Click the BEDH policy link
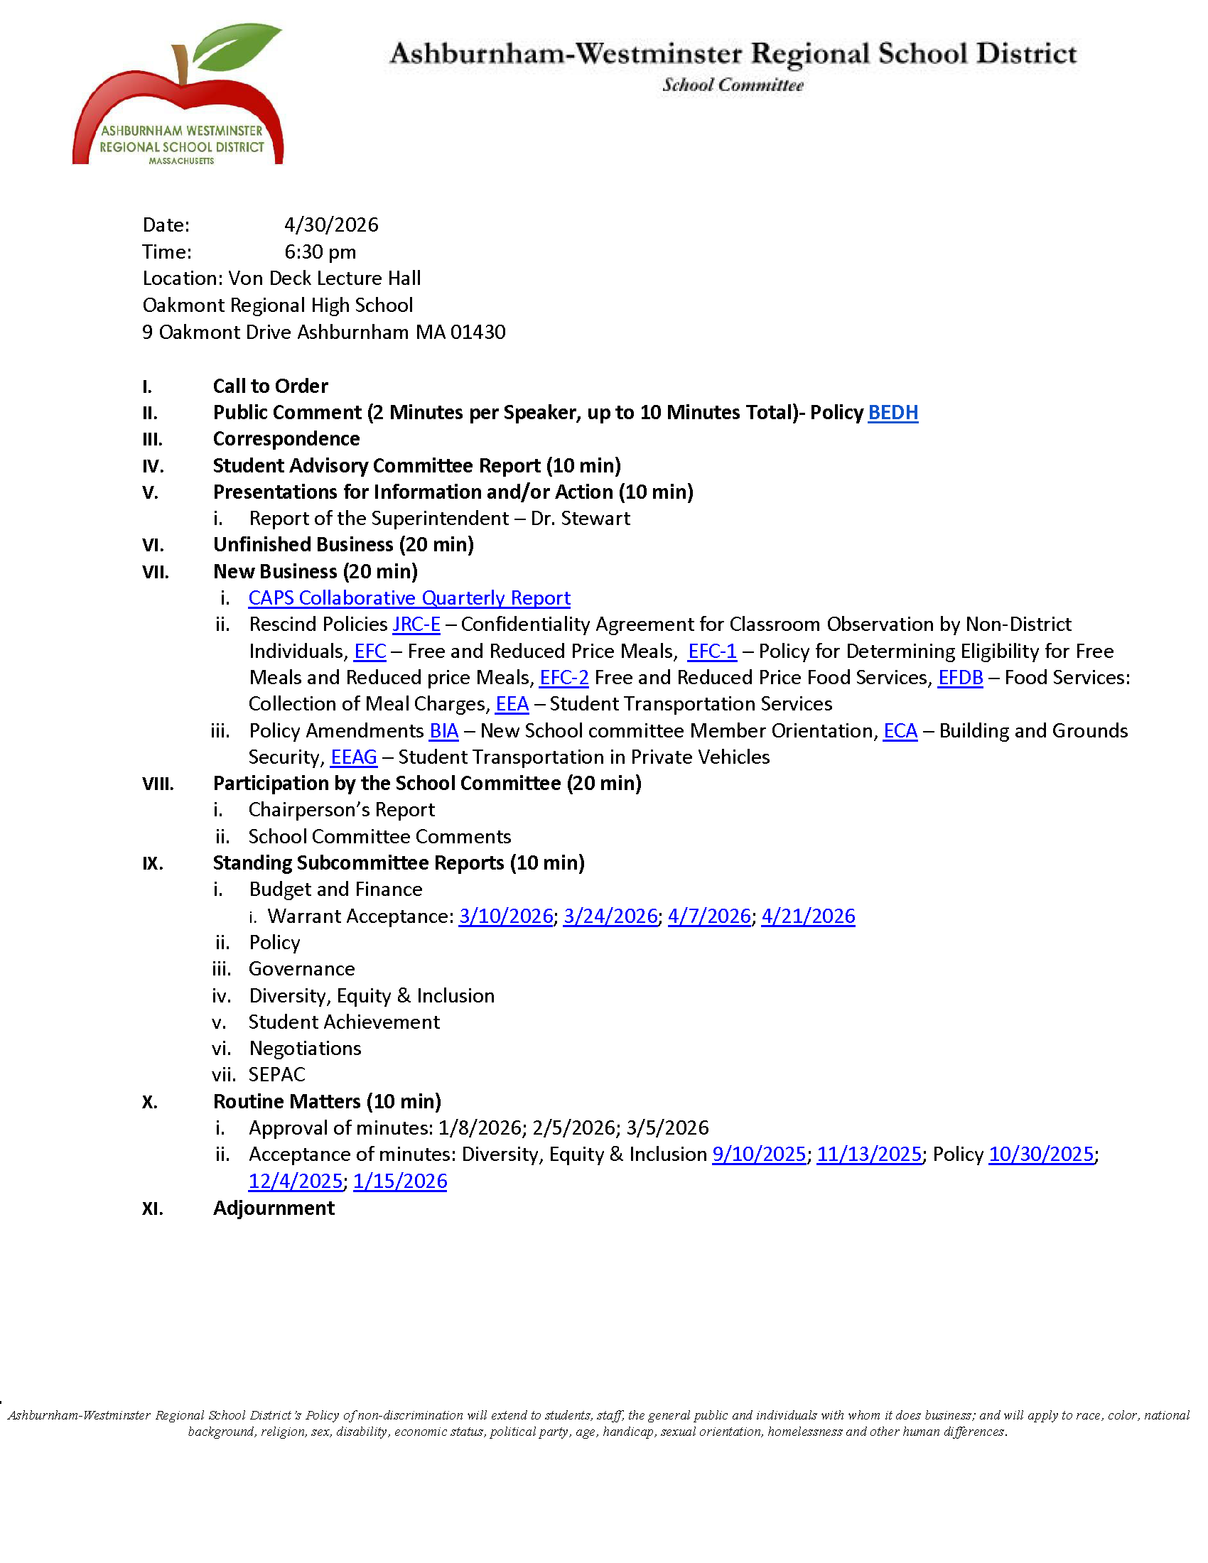tap(892, 413)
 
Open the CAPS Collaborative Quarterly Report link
tap(409, 597)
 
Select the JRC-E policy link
tap(416, 624)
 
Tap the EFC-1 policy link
tap(711, 651)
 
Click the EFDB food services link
tap(960, 678)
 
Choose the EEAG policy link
tap(354, 757)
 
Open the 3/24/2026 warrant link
tap(610, 916)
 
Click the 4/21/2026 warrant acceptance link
tap(808, 916)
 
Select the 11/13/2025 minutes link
tap(869, 1154)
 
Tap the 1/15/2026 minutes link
tap(399, 1181)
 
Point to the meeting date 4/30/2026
tap(330, 225)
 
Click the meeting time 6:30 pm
tap(320, 252)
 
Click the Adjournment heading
tap(274, 1208)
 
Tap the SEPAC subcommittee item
tap(276, 1075)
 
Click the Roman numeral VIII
tap(158, 784)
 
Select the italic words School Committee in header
tap(732, 85)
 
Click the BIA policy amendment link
tap(443, 730)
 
